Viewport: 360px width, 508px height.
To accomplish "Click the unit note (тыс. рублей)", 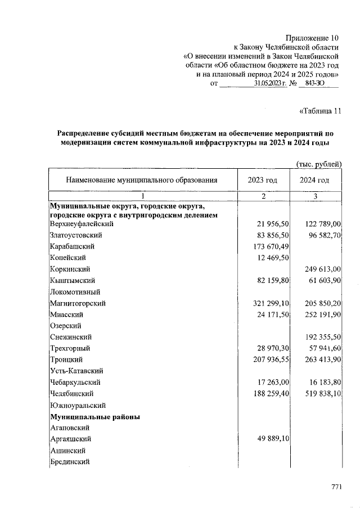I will (x=319, y=164).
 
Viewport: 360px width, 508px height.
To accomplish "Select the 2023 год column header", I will (x=263, y=180).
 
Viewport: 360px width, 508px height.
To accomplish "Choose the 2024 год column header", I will (x=314, y=180).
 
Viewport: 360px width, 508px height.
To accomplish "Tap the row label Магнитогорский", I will (x=74, y=303).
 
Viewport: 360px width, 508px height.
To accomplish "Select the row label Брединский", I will (x=70, y=461).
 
